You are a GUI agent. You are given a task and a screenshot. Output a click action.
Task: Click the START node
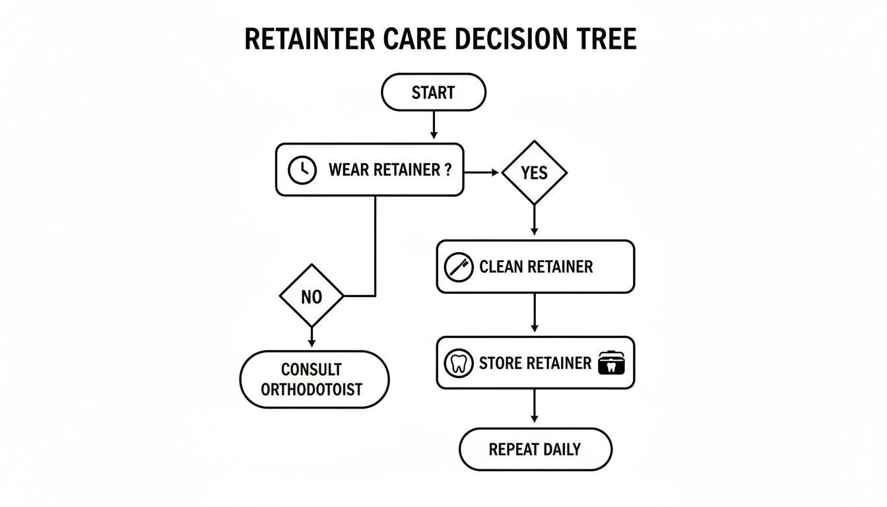pyautogui.click(x=434, y=92)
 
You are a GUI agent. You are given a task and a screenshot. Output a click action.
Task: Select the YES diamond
pyautogui.click(x=534, y=173)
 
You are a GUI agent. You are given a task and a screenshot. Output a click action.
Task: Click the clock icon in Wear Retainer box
pyautogui.click(x=302, y=170)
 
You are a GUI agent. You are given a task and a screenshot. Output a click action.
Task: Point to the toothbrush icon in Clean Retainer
pyautogui.click(x=458, y=267)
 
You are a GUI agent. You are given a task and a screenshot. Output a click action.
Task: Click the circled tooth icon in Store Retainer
pyautogui.click(x=458, y=364)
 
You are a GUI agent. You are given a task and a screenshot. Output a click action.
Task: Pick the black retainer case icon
pyautogui.click(x=611, y=364)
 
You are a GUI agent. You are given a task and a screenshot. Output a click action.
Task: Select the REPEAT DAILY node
pyautogui.click(x=535, y=450)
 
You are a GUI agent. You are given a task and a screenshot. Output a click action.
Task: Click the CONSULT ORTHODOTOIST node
pyautogui.click(x=313, y=379)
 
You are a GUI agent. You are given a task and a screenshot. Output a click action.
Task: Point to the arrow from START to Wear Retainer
pyautogui.click(x=434, y=125)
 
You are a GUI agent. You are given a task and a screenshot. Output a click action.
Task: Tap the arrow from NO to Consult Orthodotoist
pyautogui.click(x=312, y=337)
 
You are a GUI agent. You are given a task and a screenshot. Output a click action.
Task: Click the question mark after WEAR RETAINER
pyautogui.click(x=447, y=170)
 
